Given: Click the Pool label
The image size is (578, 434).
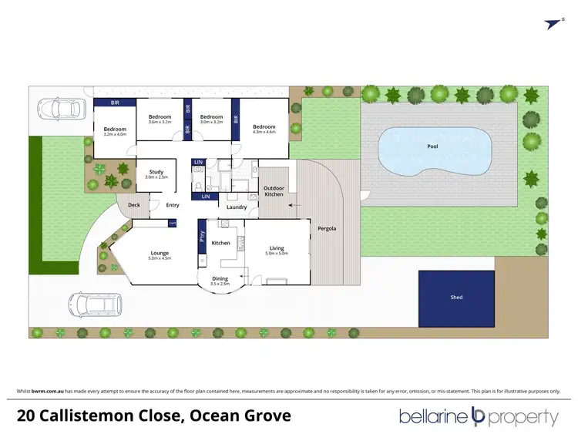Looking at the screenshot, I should click(x=432, y=146).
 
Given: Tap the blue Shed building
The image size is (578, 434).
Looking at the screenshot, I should click(x=456, y=298).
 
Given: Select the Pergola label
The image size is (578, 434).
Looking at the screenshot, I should click(x=327, y=230).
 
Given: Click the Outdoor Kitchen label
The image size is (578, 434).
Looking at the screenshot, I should click(x=273, y=191).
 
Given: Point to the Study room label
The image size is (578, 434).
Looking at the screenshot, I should click(x=156, y=172).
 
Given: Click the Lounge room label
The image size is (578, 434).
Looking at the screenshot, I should click(x=160, y=253).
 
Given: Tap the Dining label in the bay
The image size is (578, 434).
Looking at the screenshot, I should click(x=220, y=278).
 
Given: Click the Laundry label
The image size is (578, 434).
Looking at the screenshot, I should click(x=236, y=207).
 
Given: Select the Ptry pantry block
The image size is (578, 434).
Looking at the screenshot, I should click(x=202, y=237).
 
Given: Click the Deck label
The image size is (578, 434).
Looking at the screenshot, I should click(x=133, y=205).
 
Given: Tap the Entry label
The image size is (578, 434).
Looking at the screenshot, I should click(x=172, y=205).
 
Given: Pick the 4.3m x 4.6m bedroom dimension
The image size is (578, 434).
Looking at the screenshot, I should click(x=264, y=132).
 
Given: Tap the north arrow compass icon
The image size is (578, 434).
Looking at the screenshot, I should click(x=553, y=25).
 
